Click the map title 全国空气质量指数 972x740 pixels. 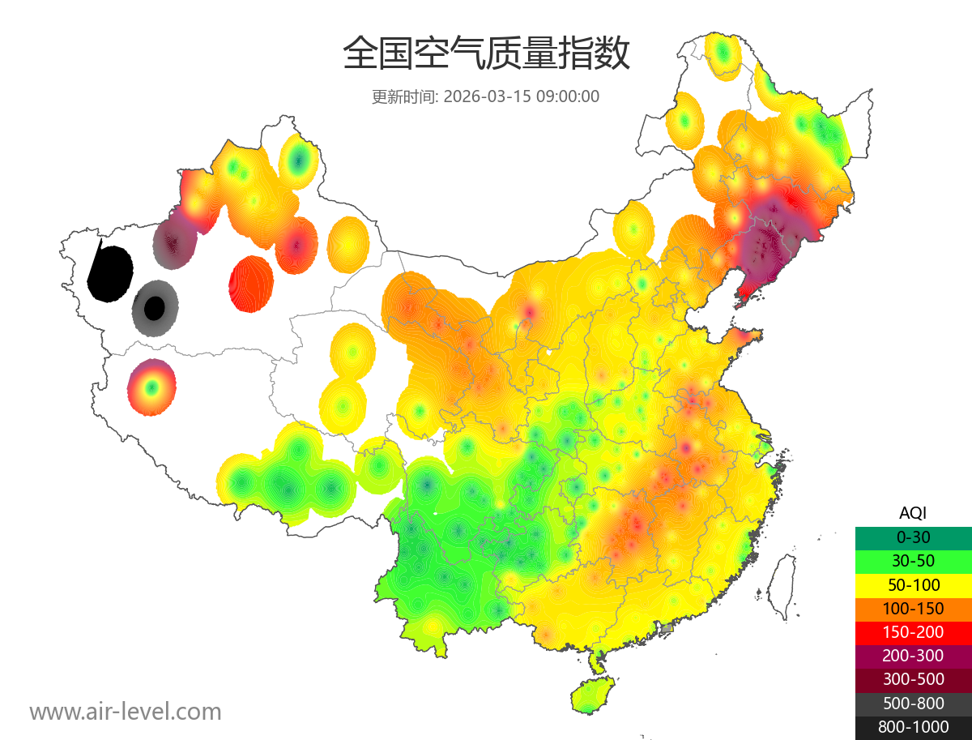486,54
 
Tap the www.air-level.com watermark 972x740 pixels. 126,712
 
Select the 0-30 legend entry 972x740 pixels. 913,537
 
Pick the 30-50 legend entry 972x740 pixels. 913,560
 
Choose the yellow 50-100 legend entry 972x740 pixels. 913,584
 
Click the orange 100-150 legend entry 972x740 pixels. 913,608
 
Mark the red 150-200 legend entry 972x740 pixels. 913,631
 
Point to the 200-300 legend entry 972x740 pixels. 913,655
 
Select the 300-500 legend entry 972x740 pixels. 913,679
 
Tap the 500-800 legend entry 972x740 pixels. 913,704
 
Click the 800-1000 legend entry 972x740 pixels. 913,727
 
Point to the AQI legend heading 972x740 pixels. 913,512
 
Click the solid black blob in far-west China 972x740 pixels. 110,273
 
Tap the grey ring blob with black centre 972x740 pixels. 154,308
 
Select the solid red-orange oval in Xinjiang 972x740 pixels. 251,284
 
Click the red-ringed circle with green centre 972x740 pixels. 151,387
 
